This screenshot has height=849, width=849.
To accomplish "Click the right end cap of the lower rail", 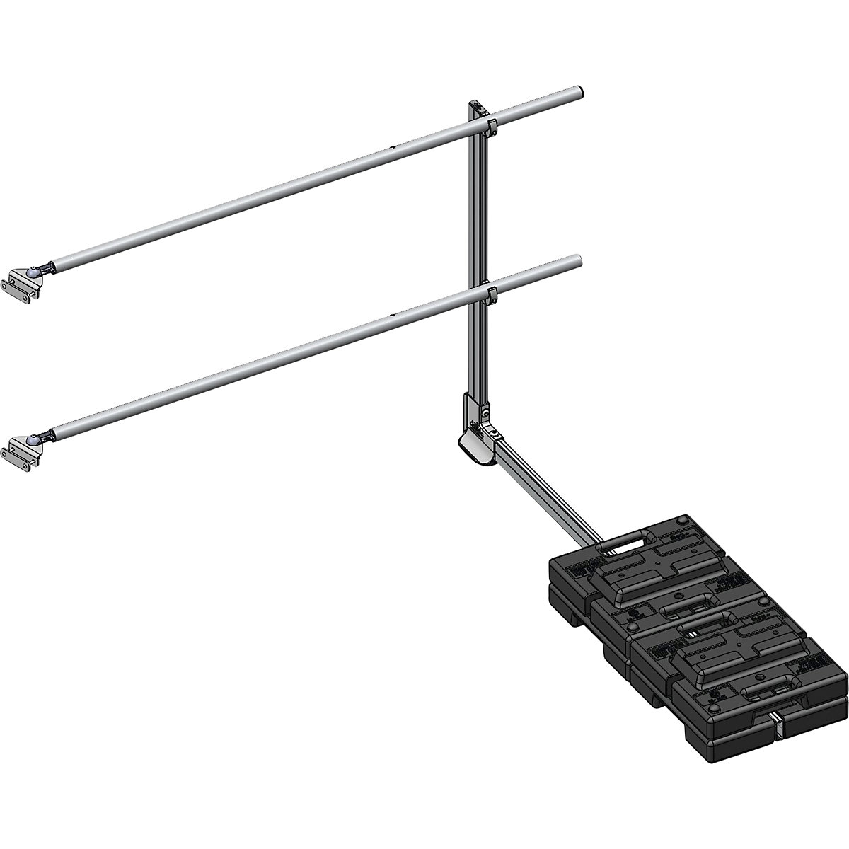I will pos(579,262).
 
